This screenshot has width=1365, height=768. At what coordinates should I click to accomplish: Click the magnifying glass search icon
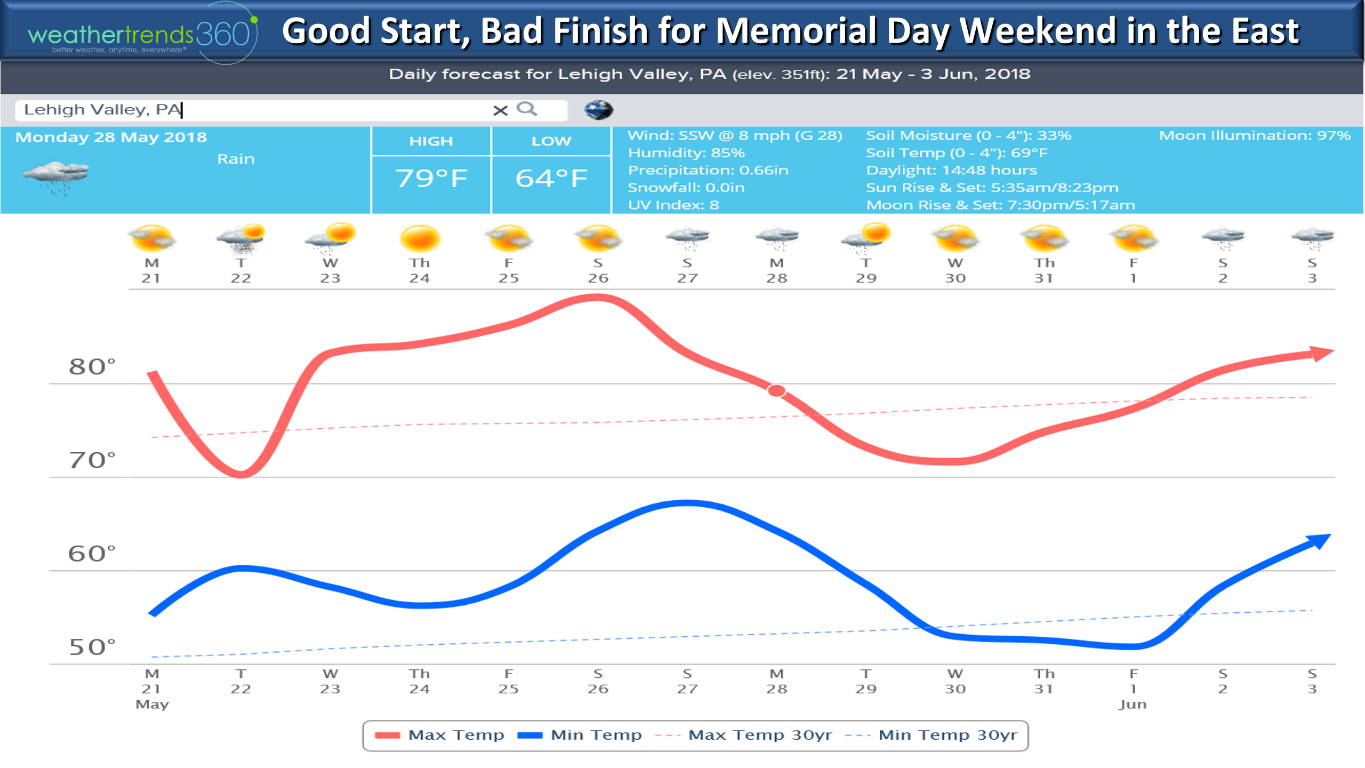[527, 109]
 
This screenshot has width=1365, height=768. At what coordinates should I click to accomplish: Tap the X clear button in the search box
[500, 110]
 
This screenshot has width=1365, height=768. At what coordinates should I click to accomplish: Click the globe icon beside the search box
[598, 110]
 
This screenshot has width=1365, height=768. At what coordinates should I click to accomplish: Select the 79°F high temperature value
[431, 178]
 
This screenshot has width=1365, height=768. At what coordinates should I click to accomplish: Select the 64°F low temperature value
[551, 178]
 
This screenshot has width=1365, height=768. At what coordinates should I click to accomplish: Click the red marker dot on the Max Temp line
[776, 390]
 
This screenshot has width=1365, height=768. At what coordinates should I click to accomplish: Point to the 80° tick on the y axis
[92, 367]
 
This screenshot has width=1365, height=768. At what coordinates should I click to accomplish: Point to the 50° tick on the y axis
[92, 647]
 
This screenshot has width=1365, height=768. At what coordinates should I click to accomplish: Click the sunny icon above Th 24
[420, 238]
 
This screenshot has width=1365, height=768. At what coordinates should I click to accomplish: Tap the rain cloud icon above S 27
[687, 238]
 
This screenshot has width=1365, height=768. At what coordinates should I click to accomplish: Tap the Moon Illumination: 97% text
[1255, 135]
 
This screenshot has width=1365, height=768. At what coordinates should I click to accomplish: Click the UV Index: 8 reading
[673, 205]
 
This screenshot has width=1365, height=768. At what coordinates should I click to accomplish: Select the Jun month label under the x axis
[1133, 704]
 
